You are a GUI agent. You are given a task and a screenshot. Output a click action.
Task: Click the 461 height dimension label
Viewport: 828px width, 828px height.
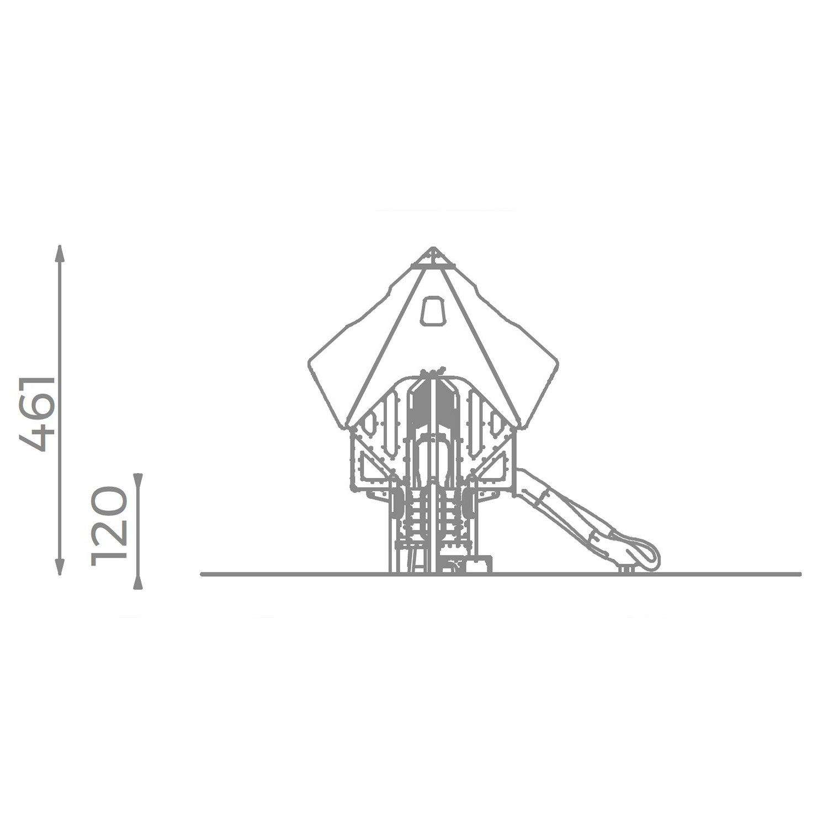(x=38, y=414)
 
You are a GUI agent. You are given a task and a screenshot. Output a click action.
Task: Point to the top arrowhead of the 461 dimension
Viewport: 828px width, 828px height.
(x=60, y=253)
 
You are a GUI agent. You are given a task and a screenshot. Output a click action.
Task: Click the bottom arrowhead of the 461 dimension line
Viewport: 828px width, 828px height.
(x=60, y=566)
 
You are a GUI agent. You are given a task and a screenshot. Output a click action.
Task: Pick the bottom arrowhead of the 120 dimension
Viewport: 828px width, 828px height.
(x=138, y=582)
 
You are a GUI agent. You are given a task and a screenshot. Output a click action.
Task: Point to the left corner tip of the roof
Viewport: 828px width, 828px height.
(x=309, y=364)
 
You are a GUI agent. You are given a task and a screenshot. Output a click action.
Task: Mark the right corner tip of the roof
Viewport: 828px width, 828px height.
(x=557, y=363)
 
